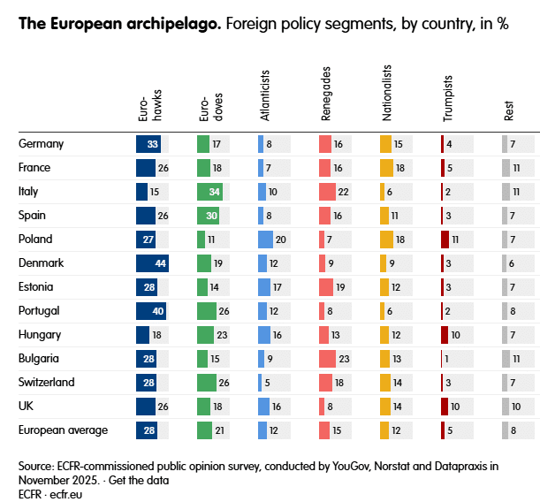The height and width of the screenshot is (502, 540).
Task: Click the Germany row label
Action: pyautogui.click(x=41, y=143)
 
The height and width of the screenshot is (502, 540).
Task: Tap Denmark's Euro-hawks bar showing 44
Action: pyautogui.click(x=151, y=262)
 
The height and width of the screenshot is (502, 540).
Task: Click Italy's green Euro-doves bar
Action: pyautogui.click(x=209, y=191)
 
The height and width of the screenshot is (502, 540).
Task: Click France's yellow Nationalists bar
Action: pyautogui.click(x=386, y=167)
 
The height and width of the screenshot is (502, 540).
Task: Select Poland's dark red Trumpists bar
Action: pyautogui.click(x=445, y=239)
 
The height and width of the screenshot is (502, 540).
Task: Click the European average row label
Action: pyautogui.click(x=63, y=430)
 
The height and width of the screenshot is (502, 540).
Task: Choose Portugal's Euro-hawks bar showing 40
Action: pyautogui.click(x=150, y=310)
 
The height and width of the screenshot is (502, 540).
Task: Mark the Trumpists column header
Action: pyautogui.click(x=447, y=103)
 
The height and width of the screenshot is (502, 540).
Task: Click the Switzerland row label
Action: pyautogui.click(x=47, y=382)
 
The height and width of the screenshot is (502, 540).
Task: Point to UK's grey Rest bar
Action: pyautogui.click(x=506, y=406)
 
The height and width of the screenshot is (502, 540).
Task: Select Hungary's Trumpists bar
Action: pyautogui.click(x=445, y=334)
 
